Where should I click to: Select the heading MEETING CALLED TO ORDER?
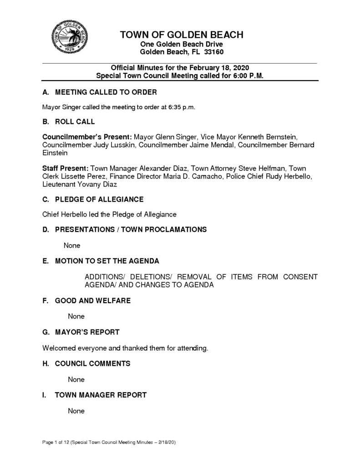click(106, 92)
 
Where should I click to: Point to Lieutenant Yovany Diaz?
click(80, 185)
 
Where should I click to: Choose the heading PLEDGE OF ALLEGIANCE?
click(99, 199)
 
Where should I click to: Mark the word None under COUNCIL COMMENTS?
click(76, 379)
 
